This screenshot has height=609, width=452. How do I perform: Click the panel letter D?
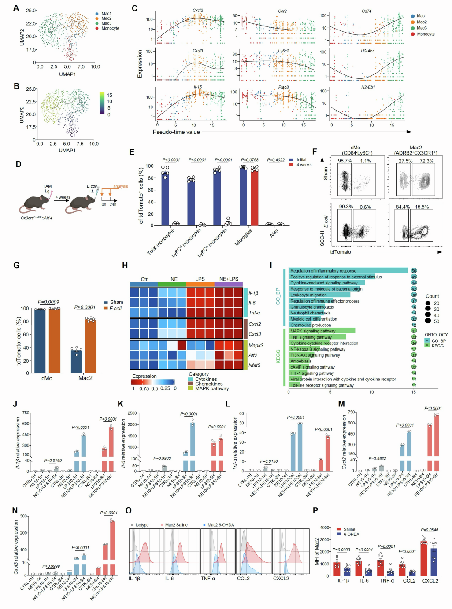point(19,164)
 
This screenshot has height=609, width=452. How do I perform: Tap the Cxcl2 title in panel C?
point(198,11)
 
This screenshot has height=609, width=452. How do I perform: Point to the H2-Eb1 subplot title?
point(368,87)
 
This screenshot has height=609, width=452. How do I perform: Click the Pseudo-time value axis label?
point(176,132)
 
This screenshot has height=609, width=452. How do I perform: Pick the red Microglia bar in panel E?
point(254,197)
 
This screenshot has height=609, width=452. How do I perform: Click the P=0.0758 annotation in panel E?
point(250,160)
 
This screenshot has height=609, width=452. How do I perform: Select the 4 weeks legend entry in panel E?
point(304,165)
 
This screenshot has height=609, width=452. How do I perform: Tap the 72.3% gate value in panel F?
point(426,161)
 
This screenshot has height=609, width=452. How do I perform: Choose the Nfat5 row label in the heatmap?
point(255,365)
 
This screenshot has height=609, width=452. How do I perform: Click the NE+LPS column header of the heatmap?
point(229,279)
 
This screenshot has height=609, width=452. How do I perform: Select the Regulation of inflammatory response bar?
point(348,271)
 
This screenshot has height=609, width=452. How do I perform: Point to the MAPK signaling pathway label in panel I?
point(313,331)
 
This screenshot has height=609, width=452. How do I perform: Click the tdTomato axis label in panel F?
point(341,252)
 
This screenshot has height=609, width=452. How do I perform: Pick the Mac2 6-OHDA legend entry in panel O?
point(221,525)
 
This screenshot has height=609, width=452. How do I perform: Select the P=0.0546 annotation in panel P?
point(430,530)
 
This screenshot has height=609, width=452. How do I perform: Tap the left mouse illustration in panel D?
point(35,202)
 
